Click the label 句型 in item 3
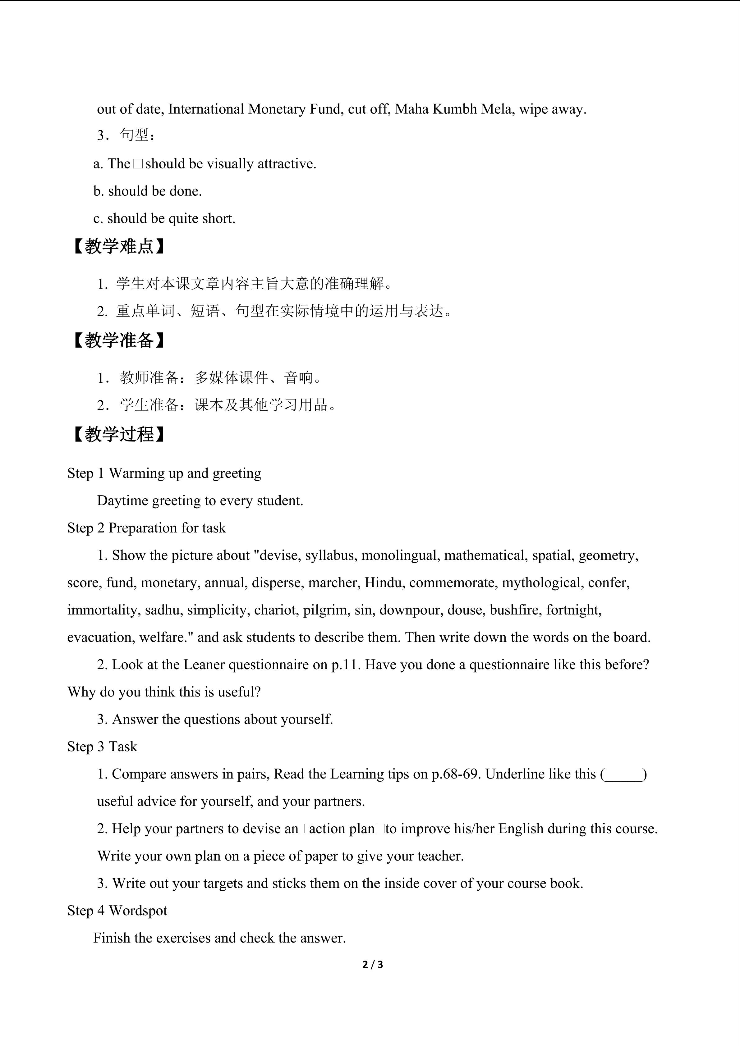point(135,135)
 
